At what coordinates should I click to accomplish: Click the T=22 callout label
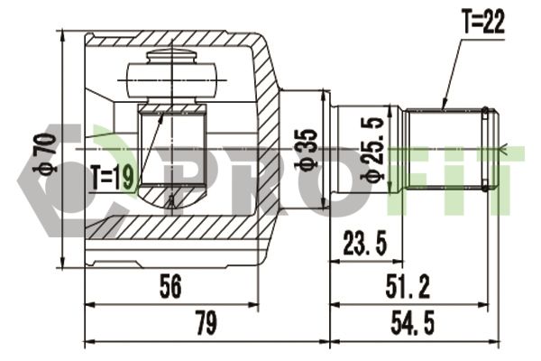tap(484, 21)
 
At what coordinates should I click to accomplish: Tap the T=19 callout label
tap(112, 178)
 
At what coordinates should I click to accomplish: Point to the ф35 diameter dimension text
tap(306, 150)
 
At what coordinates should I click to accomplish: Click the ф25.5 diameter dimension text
tap(372, 150)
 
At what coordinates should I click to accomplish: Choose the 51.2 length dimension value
tap(408, 286)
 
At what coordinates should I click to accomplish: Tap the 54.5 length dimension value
tap(412, 322)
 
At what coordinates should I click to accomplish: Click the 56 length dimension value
tap(170, 286)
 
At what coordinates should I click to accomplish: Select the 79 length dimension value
tap(206, 322)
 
